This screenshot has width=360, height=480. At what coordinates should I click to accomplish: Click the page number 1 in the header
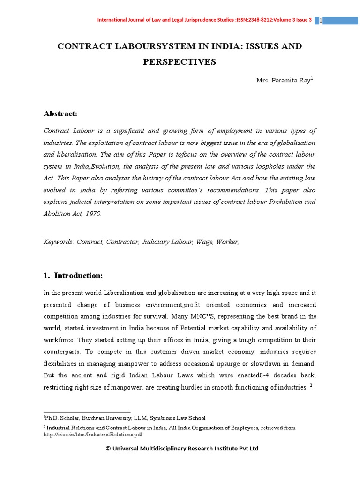point(320,21)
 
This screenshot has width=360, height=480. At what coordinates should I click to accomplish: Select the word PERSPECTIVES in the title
point(180,62)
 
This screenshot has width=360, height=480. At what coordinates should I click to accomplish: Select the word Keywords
point(58,242)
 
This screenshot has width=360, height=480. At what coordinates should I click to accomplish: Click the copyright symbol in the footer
point(108,449)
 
